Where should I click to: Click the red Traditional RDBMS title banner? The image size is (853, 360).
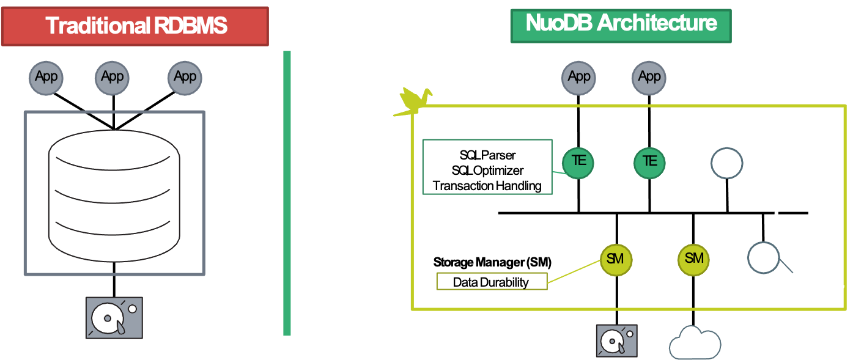point(135,26)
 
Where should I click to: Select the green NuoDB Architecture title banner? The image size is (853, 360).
point(621,25)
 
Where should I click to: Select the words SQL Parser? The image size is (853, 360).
point(487,155)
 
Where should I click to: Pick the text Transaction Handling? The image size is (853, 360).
point(487,186)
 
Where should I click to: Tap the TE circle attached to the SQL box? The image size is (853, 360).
point(578,161)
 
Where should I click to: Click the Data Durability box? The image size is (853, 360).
point(491,282)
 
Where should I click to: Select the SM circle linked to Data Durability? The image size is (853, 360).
point(615,259)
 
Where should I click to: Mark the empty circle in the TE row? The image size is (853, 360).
point(726,163)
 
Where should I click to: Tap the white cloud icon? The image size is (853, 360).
point(695,343)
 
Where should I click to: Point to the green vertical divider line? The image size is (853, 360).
point(287,193)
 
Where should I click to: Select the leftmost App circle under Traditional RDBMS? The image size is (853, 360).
point(46,78)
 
